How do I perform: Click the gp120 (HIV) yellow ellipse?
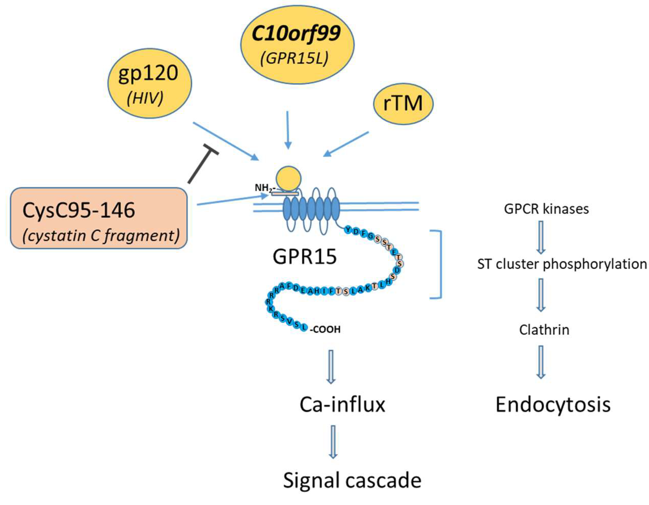[149, 84]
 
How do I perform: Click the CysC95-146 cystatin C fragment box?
[99, 218]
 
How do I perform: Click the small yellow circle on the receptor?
[288, 179]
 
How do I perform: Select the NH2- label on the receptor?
[262, 188]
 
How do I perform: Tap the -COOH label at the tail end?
[325, 330]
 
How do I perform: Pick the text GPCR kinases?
[546, 209]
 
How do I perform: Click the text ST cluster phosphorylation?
[562, 264]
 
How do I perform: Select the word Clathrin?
[544, 330]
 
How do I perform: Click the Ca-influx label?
[342, 405]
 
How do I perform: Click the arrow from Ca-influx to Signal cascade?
[333, 442]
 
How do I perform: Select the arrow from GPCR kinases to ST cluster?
[541, 237]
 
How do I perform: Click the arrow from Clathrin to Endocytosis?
[541, 362]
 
